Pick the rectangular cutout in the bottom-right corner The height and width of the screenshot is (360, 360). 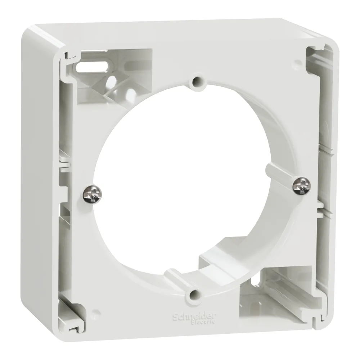[274, 292]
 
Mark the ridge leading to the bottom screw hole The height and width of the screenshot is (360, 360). [176, 277]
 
